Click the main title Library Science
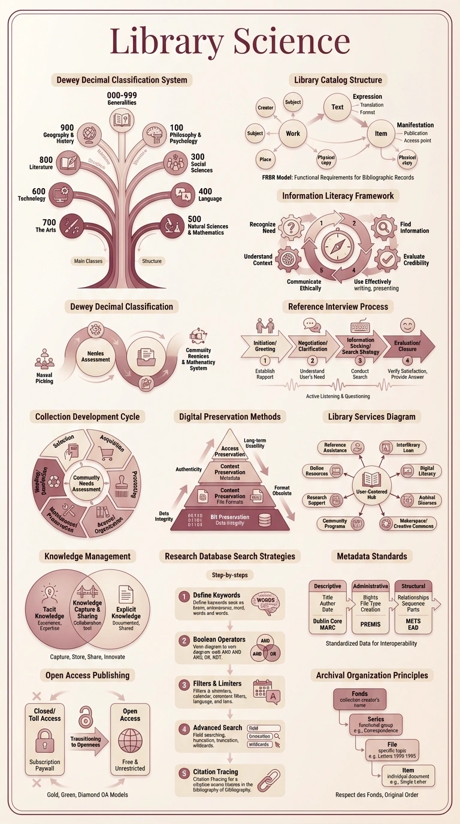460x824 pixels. tap(230, 42)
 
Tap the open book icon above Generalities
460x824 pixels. tap(122, 118)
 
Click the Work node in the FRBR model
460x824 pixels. tap(293, 133)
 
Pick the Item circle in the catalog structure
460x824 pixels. tap(381, 134)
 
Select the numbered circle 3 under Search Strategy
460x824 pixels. tap(360, 361)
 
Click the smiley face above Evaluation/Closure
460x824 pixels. tap(408, 326)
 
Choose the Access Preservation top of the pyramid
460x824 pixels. tap(230, 448)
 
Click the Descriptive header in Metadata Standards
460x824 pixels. tap(328, 586)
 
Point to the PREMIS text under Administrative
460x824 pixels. tap(370, 623)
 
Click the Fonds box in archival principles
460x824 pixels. tap(360, 698)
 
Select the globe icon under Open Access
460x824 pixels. tap(130, 741)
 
